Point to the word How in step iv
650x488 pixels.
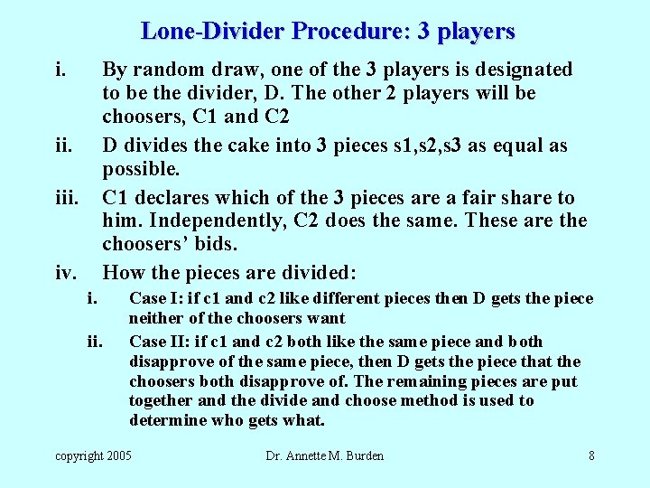[x=121, y=272]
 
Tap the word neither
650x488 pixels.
[x=154, y=318]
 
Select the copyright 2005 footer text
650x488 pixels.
[x=93, y=455]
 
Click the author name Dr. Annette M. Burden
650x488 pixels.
[x=325, y=455]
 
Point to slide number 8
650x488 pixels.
[x=591, y=455]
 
